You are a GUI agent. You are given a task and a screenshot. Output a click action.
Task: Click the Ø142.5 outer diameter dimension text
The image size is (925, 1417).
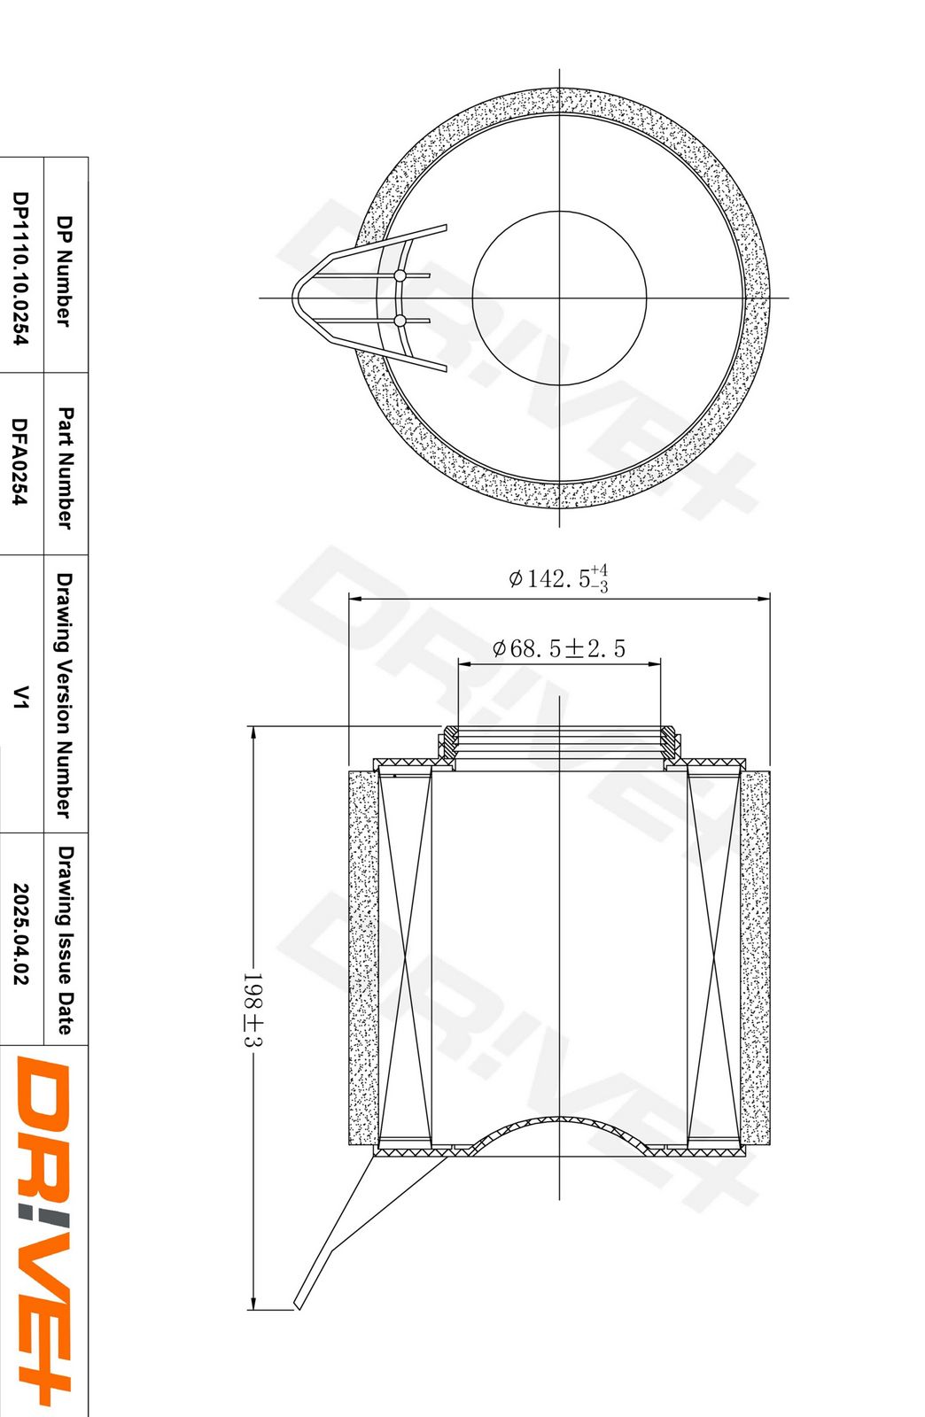[x=558, y=578]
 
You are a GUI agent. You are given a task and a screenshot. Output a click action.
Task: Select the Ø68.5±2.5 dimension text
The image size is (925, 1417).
[x=559, y=648]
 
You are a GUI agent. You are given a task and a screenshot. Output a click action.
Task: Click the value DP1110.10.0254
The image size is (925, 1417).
[x=20, y=268]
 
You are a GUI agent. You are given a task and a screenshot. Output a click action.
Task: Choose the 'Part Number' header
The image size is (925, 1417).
[x=65, y=468]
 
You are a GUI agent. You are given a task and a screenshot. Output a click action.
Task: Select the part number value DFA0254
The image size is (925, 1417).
[x=20, y=461]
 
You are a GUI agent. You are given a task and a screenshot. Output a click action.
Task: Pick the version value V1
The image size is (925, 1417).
[x=20, y=696]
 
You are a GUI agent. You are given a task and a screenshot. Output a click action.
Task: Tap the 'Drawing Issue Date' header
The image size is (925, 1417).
[x=65, y=941]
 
